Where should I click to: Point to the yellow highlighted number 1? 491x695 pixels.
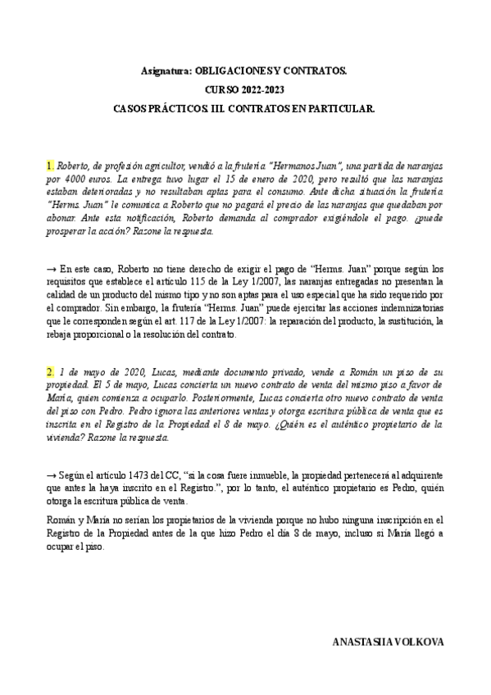pos(48,166)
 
